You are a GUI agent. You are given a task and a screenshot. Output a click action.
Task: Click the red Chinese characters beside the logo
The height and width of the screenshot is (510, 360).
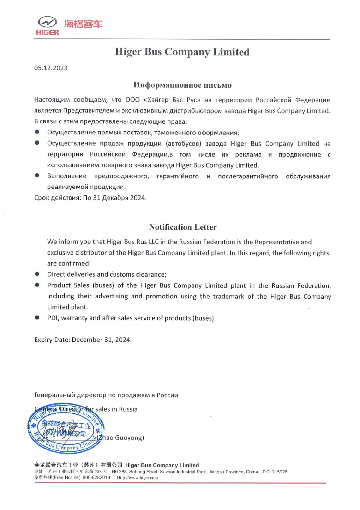click(83, 24)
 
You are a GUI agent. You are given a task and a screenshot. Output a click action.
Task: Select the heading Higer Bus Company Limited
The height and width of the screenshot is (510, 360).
click(182, 52)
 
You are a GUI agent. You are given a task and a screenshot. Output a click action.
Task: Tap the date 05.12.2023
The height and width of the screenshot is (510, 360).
click(51, 68)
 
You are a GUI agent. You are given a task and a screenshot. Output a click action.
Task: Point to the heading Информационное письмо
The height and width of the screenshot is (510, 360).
click(182, 85)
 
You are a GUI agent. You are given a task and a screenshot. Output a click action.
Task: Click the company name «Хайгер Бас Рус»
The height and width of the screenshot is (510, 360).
click(172, 100)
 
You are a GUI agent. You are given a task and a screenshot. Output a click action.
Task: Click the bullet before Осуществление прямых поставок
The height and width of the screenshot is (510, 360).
click(37, 132)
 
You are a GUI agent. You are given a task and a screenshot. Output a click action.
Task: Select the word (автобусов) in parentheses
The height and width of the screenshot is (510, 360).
click(183, 143)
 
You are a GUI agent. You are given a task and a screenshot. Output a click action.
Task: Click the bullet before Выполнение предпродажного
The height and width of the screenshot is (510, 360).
click(37, 175)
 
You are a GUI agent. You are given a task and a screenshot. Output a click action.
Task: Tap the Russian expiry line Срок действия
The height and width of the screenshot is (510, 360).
click(90, 198)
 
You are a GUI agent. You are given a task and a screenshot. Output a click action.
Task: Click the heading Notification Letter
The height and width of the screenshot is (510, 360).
click(183, 227)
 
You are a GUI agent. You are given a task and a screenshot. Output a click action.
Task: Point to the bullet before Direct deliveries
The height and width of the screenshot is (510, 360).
click(37, 274)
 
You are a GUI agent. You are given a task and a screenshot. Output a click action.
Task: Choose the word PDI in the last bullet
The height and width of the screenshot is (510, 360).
click(53, 318)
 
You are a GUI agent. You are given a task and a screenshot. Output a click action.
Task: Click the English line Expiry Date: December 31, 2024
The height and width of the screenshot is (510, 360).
click(83, 340)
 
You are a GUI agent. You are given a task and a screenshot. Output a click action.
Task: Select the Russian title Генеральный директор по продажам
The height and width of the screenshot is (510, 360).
click(106, 395)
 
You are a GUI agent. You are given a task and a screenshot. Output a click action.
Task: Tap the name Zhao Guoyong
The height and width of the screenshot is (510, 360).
click(122, 438)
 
